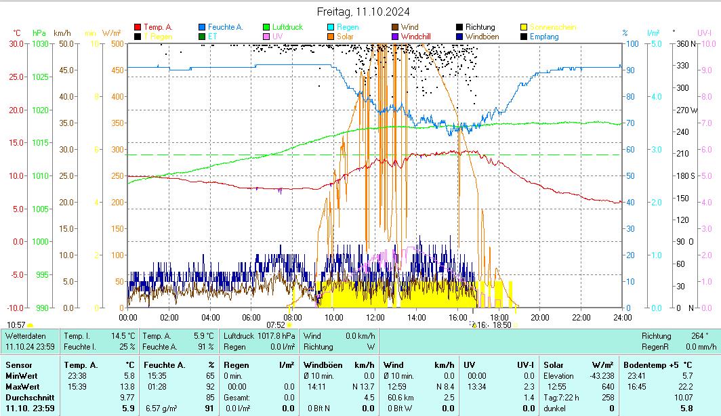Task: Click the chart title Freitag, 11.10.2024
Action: tap(363, 12)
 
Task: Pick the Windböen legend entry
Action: tap(482, 37)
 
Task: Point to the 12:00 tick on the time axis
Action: tap(375, 317)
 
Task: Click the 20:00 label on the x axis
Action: tap(539, 317)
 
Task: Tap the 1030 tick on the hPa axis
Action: tap(41, 43)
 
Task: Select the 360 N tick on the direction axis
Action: tap(687, 43)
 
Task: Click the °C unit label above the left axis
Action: tap(17, 33)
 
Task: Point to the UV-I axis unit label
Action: tap(704, 33)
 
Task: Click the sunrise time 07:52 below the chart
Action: tap(276, 325)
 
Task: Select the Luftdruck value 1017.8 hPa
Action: tap(279, 335)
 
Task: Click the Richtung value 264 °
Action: tap(699, 335)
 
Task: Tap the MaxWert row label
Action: tap(20, 386)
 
